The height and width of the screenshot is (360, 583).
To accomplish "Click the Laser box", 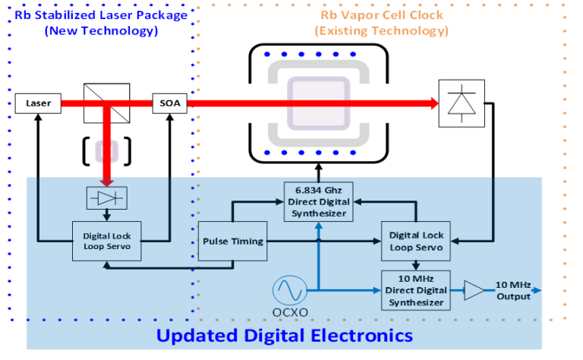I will click(x=37, y=103).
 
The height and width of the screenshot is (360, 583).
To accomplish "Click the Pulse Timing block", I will click(x=232, y=241).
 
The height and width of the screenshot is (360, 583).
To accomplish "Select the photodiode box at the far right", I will click(x=462, y=103).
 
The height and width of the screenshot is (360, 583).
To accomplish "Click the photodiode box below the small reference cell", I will click(x=106, y=197).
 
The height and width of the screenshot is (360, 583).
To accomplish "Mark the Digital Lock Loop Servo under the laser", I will click(x=106, y=241).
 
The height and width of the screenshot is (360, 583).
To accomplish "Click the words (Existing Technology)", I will click(x=381, y=31).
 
